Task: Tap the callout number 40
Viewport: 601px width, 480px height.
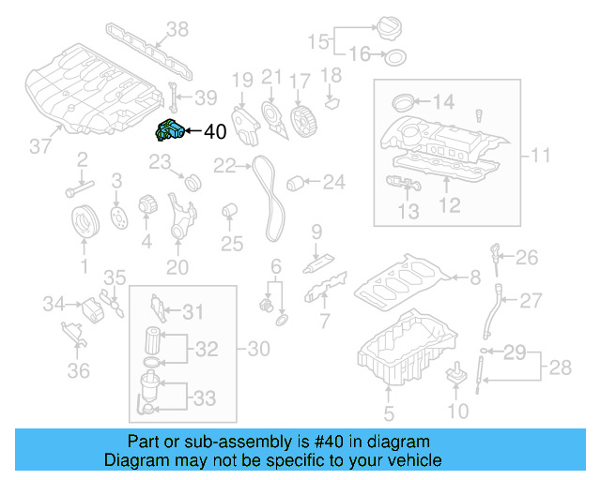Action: pos(214,132)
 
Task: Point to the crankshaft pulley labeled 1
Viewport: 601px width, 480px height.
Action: pos(85,224)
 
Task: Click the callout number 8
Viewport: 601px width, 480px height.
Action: pos(474,277)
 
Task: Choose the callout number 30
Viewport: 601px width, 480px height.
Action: pos(258,349)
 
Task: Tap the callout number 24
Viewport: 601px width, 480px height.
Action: pos(333,181)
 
